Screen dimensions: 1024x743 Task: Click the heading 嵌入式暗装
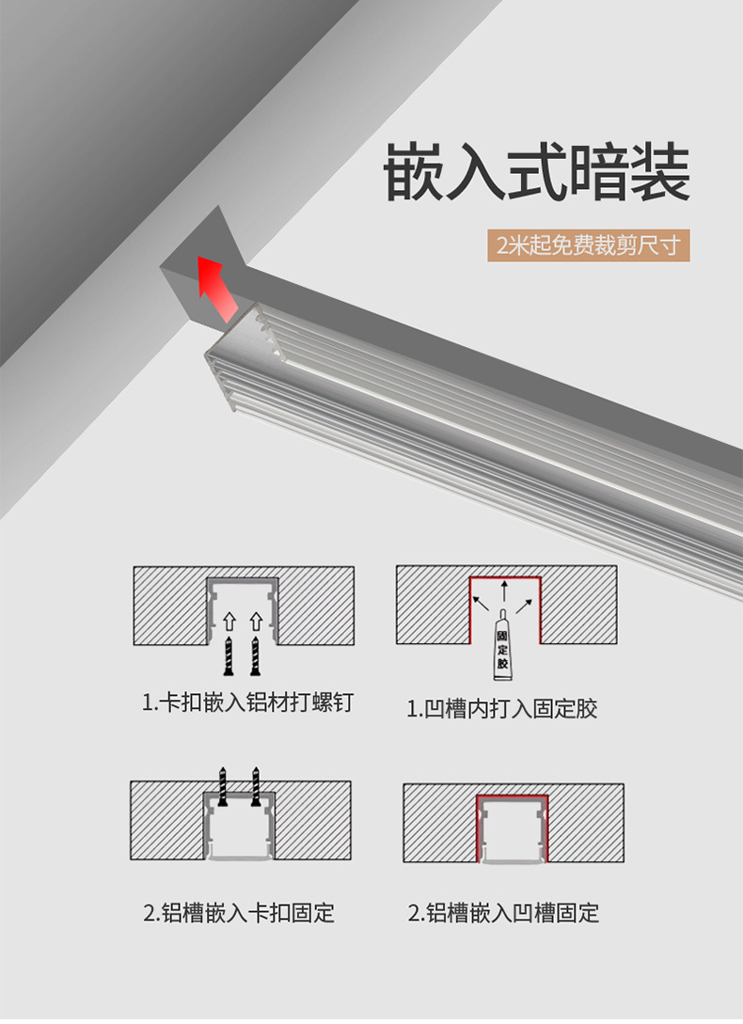point(537,172)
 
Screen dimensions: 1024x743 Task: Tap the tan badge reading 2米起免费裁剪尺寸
point(589,247)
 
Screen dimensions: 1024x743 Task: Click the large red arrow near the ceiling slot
point(215,286)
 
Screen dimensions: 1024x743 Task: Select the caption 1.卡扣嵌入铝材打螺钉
point(247,703)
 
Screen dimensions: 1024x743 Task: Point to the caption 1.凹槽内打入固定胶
point(502,708)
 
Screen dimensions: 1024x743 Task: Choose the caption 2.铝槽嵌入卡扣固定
point(239,912)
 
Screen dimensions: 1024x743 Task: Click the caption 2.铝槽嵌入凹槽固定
point(503,912)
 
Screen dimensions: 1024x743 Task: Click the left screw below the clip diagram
point(229,655)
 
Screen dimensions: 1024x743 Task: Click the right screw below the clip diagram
point(255,655)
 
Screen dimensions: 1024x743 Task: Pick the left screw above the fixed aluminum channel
point(224,785)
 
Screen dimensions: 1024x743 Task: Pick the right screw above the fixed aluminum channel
point(255,785)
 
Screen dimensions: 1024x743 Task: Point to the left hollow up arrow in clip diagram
point(229,622)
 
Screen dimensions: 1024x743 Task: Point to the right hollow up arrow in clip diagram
point(255,622)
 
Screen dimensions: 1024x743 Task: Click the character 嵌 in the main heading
point(415,172)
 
